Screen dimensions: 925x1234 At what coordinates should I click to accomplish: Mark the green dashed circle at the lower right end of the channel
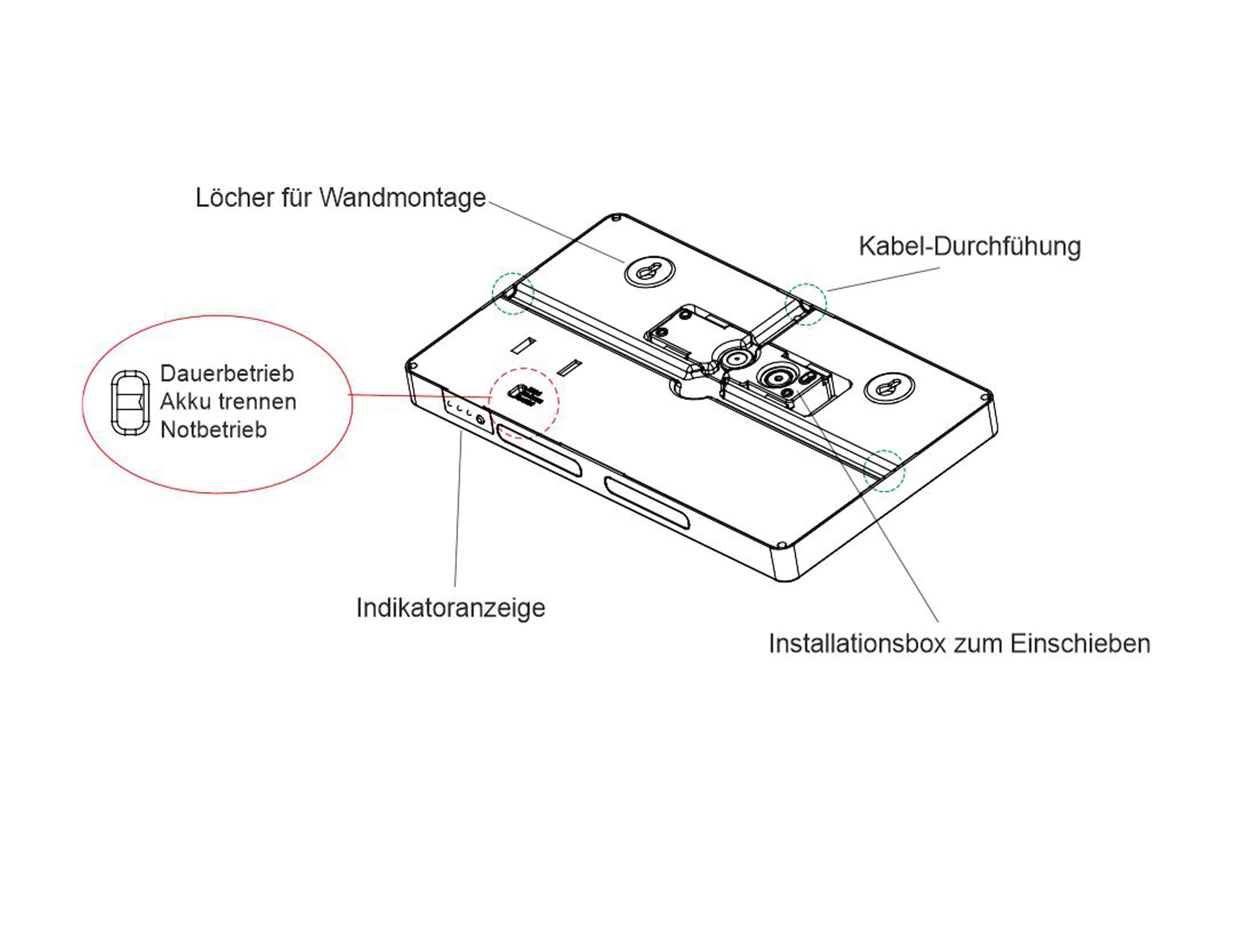tap(884, 471)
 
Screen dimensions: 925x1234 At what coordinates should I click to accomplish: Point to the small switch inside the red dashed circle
tap(524, 395)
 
